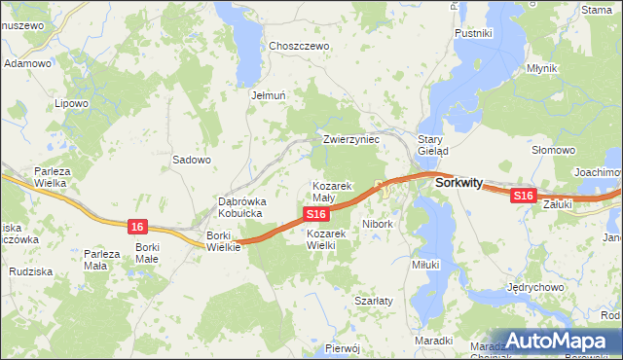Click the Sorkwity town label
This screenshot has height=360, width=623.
(459, 181)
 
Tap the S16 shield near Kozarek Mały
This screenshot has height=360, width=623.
(313, 214)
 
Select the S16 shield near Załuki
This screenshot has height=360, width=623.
(524, 196)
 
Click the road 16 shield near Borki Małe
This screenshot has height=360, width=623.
(137, 227)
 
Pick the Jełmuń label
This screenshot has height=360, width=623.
(268, 95)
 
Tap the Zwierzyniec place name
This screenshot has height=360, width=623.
(350, 140)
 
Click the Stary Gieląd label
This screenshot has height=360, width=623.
(432, 145)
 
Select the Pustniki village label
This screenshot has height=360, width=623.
(473, 33)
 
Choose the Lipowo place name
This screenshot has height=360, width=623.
(72, 102)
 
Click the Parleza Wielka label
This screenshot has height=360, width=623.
(50, 176)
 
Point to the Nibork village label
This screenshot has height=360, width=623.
(377, 224)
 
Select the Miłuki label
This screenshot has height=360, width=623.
(425, 264)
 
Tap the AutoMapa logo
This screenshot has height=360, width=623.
(556, 342)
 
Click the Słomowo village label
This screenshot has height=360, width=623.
(552, 151)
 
